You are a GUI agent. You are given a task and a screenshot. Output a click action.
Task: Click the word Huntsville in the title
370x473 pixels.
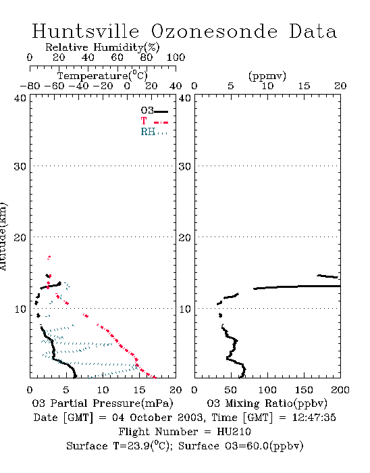click(x=86, y=31)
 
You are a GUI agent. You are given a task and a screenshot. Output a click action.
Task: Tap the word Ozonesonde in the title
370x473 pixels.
click(x=214, y=31)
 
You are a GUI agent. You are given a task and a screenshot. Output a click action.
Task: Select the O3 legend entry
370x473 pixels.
click(x=154, y=111)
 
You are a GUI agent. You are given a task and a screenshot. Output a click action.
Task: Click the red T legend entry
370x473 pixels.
click(x=154, y=121)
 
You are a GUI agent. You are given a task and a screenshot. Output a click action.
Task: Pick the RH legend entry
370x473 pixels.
click(x=154, y=132)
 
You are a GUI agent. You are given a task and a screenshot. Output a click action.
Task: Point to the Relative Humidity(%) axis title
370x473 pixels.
click(x=103, y=47)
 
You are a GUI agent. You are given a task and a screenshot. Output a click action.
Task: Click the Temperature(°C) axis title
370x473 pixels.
click(x=103, y=76)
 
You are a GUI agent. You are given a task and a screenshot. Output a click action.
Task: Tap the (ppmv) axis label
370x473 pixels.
click(x=267, y=76)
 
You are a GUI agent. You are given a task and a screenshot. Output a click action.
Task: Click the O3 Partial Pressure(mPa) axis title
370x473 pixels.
click(x=103, y=403)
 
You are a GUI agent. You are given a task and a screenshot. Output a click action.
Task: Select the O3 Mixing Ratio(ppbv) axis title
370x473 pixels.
click(x=267, y=403)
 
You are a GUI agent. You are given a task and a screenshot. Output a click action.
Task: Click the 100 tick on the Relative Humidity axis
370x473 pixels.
click(x=176, y=57)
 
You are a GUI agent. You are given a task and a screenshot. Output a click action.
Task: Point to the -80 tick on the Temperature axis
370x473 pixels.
click(x=30, y=86)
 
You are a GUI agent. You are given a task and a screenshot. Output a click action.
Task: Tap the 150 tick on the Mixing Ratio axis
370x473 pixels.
click(x=304, y=390)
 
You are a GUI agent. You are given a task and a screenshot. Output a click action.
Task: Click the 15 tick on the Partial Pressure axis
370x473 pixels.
click(x=139, y=390)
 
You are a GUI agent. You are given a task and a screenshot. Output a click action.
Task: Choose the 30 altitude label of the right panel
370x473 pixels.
click(x=185, y=166)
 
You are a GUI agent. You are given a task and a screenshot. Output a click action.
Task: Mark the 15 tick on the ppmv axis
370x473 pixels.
click(x=304, y=86)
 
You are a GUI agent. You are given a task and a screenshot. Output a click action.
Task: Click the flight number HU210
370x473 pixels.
click(x=234, y=432)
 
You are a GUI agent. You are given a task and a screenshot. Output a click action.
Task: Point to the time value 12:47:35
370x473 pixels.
click(x=314, y=418)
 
